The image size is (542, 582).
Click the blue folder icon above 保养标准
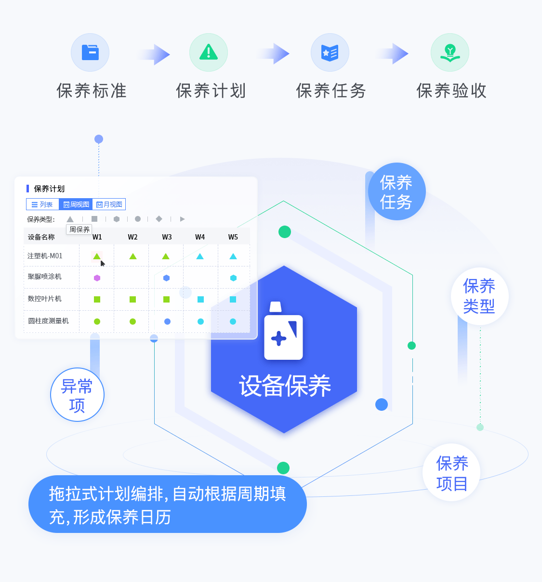90,52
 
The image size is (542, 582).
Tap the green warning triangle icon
209,52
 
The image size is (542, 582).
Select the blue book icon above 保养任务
330,52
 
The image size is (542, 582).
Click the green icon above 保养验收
450,52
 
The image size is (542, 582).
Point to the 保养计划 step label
211,91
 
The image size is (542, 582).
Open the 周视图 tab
76,204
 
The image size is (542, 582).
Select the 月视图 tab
109,204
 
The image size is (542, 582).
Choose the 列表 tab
42,204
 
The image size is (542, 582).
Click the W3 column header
167,237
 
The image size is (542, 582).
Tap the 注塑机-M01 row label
45,256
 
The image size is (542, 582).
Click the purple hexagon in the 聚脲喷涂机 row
97,278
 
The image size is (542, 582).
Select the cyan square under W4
200,299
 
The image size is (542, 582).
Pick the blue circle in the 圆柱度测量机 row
167,321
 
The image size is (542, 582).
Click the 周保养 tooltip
79,229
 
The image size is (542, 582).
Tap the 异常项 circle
77,395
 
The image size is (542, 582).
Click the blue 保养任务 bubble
397,191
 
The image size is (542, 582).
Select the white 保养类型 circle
479,296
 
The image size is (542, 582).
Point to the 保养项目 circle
452,473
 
